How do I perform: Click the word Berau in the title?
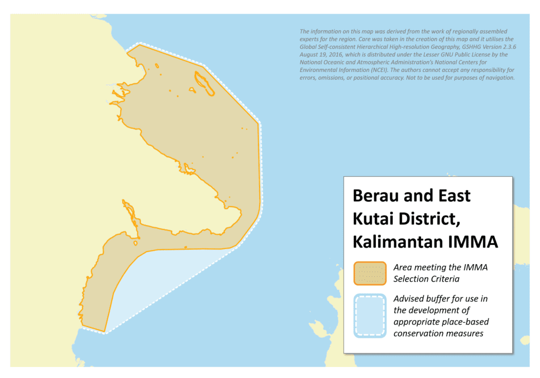[x=375, y=196]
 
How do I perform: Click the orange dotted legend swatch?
[x=370, y=273]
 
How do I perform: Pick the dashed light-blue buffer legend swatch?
[x=370, y=316]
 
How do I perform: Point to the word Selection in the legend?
[x=409, y=279]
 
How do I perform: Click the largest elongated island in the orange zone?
[x=204, y=83]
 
